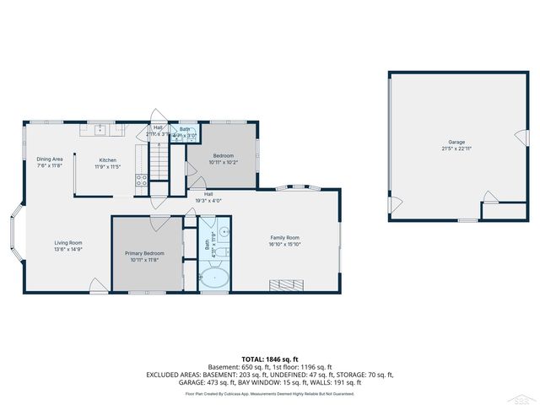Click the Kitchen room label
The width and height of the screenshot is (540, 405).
108,159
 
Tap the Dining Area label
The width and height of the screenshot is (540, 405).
50,159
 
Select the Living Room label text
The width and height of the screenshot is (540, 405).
68,243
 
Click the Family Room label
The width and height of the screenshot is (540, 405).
285,238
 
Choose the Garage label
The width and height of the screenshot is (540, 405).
456,142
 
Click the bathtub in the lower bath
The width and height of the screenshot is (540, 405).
213,278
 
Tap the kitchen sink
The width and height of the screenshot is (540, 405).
100,129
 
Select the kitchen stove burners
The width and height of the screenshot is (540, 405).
142,180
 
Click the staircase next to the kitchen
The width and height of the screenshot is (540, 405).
159,159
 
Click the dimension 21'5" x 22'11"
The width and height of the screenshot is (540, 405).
456,148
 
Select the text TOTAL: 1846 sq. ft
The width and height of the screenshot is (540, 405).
269,359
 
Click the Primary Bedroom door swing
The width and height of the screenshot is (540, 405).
160,223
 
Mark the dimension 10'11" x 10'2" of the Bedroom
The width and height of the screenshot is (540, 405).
224,162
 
